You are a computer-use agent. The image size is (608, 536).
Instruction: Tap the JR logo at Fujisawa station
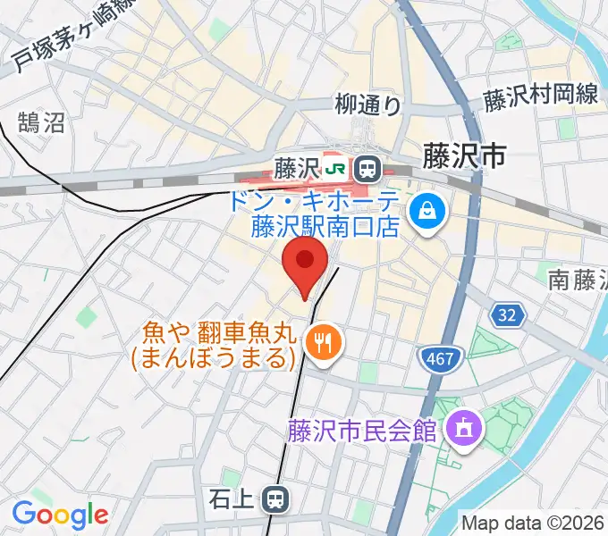coord(336,167)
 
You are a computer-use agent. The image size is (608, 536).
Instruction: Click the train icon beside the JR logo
coord(366,167)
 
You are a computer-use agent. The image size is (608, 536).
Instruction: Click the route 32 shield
coord(507,315)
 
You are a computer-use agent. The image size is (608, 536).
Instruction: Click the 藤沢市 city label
coord(464,157)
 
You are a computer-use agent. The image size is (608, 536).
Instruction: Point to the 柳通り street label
coord(368,105)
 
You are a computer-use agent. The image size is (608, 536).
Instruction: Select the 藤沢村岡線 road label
coord(542,97)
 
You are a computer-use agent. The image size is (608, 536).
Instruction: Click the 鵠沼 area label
coord(42,122)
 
